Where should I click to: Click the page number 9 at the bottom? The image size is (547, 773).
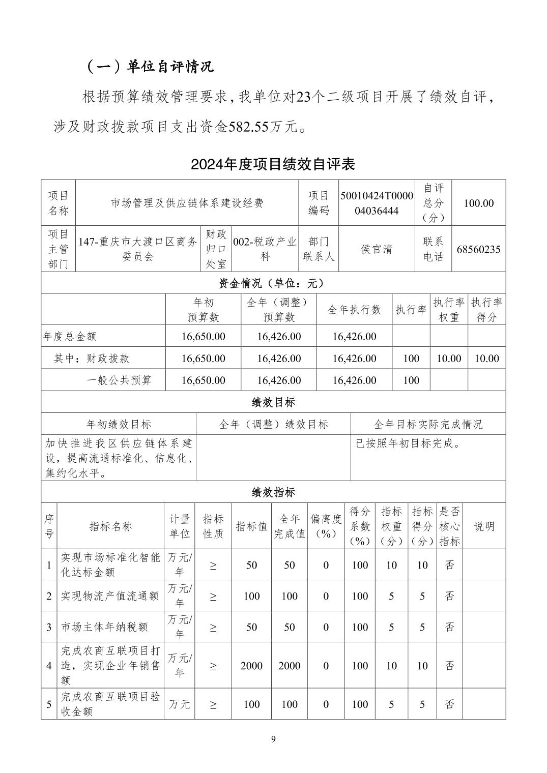[x=273, y=739]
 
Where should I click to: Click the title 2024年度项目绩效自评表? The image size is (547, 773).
[x=273, y=164]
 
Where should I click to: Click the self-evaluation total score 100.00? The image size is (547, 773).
[x=478, y=203]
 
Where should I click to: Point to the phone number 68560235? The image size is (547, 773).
[x=478, y=249]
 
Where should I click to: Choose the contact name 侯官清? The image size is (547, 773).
[x=377, y=249]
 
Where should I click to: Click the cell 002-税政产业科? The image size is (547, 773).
[x=265, y=249]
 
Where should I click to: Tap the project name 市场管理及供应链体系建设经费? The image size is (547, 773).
[x=187, y=203]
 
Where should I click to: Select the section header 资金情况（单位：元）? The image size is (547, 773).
[x=273, y=283]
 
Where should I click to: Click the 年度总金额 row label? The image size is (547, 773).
[x=70, y=336]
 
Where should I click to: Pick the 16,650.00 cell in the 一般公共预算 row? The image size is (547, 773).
[x=203, y=380]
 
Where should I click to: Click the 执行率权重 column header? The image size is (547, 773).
[x=449, y=310]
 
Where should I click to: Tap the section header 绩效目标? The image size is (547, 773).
[x=273, y=402]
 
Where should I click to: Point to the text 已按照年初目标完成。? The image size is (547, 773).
[x=408, y=443]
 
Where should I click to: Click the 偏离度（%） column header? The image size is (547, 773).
[x=326, y=526]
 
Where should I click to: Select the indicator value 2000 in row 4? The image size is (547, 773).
[x=252, y=666]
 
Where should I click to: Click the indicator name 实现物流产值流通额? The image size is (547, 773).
[x=110, y=596]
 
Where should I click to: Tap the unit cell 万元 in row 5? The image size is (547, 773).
[x=180, y=704]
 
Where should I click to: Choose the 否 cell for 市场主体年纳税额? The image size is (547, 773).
[x=449, y=627]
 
